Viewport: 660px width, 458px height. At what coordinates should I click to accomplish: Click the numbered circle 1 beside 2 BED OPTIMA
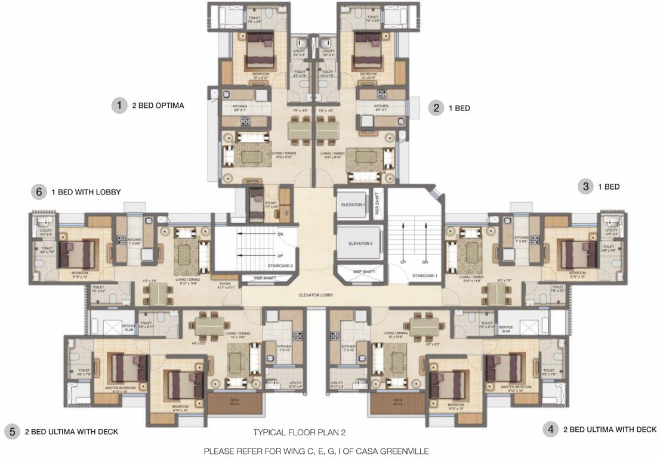[x=120, y=106]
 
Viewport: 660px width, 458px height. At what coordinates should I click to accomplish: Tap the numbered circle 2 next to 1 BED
[x=436, y=108]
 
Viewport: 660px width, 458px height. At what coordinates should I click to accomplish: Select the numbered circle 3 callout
[x=585, y=187]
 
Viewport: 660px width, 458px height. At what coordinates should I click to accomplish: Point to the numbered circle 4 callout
[x=550, y=429]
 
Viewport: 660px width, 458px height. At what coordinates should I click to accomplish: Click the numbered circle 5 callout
[x=12, y=431]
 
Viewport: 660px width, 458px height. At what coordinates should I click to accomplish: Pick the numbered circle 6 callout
[x=39, y=192]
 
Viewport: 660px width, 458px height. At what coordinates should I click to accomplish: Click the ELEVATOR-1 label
[x=353, y=205]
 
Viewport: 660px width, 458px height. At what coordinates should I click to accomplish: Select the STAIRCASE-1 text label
[x=424, y=276]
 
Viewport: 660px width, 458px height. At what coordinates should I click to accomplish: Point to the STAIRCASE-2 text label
[x=279, y=267]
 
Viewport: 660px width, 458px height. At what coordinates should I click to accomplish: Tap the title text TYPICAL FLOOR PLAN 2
[x=300, y=432]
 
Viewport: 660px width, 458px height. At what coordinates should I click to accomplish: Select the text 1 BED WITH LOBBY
[x=86, y=192]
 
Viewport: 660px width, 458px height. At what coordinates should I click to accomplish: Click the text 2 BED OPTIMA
[x=158, y=106]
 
